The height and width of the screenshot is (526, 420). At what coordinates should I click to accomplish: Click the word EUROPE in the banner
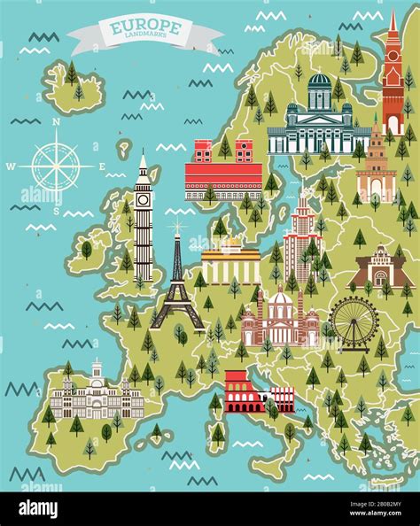146,27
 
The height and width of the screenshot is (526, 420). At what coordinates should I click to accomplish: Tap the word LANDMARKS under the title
146,38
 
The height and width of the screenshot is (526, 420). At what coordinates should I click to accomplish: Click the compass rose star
55,165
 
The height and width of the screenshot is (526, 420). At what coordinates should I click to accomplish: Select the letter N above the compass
56,123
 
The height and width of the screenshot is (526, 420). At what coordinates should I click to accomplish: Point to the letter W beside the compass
12,165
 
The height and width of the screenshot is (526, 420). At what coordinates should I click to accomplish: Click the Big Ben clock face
143,200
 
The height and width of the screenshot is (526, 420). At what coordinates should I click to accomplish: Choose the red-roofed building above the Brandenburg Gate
223,174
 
